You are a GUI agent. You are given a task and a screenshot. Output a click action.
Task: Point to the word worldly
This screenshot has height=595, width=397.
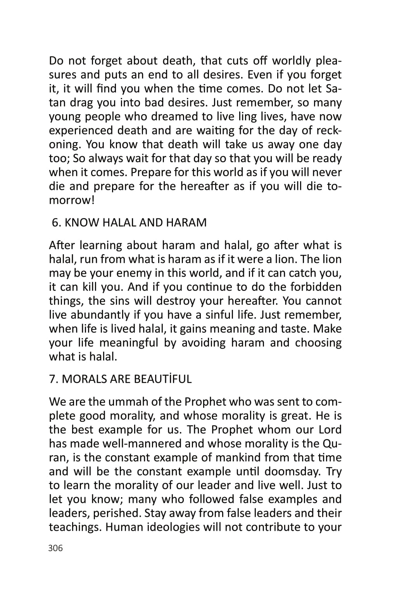291,61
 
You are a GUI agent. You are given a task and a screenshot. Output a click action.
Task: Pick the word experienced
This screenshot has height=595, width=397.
81,131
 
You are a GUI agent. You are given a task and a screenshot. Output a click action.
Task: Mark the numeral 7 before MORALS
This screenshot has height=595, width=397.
53,379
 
